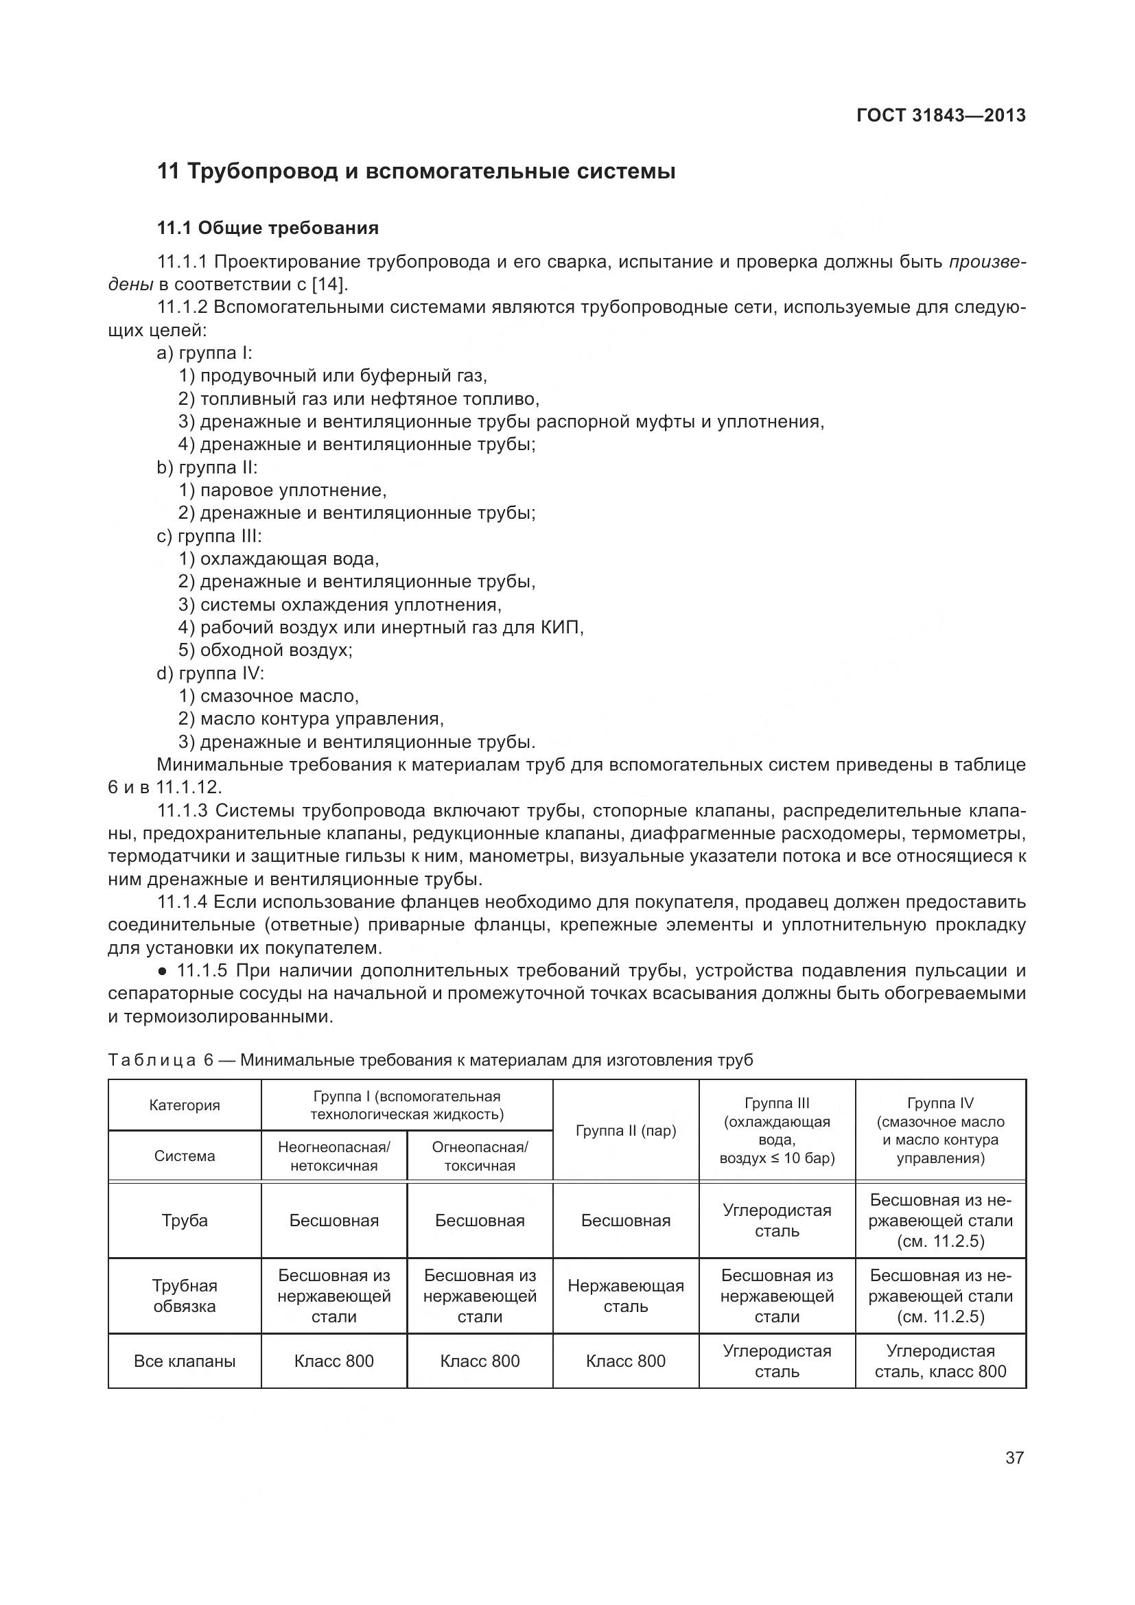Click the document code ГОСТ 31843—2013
pos(941,115)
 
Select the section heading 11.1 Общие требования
pos(268,228)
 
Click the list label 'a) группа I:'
pos(204,353)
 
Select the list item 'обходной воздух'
pos(275,650)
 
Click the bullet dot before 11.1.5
pos(161,972)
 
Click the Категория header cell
pos(185,1105)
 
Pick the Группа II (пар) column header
pos(626,1130)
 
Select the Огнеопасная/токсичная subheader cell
pos(480,1156)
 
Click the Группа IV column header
pos(940,1130)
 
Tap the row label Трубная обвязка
pos(185,1296)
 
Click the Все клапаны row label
pos(185,1361)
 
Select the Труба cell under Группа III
pos(777,1221)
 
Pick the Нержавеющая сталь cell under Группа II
pos(626,1296)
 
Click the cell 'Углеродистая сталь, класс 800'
pos(940,1361)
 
